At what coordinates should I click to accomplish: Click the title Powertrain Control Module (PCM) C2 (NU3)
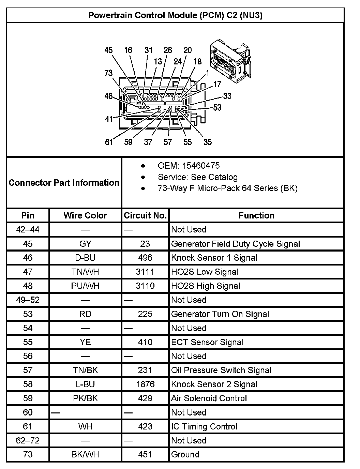click(x=175, y=15)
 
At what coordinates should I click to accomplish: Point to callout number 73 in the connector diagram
click(x=108, y=73)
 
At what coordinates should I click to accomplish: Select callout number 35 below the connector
click(x=207, y=142)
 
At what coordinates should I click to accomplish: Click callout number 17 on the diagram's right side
click(x=217, y=84)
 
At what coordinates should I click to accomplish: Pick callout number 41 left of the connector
click(x=109, y=119)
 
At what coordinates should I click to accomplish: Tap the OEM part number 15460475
click(x=201, y=166)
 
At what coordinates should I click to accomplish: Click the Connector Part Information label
click(x=64, y=183)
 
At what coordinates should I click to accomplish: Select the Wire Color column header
click(x=85, y=215)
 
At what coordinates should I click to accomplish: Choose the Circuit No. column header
click(x=145, y=215)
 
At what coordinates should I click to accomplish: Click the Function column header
click(x=256, y=215)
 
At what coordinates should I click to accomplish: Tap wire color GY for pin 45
click(x=85, y=244)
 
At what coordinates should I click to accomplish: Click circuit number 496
click(x=145, y=258)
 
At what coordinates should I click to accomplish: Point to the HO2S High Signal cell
click(x=206, y=286)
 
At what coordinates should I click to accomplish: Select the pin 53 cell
click(x=28, y=314)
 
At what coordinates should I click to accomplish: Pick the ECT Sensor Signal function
click(x=207, y=342)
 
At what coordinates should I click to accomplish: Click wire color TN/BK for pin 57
click(x=85, y=370)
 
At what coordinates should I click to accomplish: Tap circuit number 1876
click(x=145, y=384)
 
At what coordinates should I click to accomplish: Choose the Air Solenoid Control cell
click(x=209, y=398)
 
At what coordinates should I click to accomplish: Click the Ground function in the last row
click(x=185, y=454)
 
